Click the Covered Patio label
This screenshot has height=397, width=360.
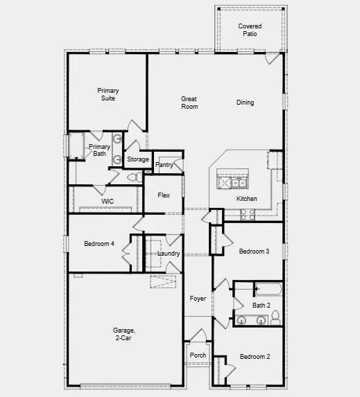(x=250, y=30)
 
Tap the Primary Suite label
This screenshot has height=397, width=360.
(x=108, y=94)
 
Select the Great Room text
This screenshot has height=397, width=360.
(x=189, y=103)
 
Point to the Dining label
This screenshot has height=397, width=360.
(x=245, y=103)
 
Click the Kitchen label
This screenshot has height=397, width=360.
(x=247, y=199)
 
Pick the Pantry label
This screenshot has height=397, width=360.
(x=164, y=165)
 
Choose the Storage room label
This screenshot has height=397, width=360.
(x=138, y=159)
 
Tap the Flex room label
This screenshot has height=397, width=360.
(x=164, y=195)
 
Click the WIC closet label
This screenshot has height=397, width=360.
(x=108, y=201)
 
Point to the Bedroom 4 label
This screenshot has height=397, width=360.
(x=98, y=243)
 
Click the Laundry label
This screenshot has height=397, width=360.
(x=169, y=254)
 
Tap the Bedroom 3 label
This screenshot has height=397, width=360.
(x=254, y=251)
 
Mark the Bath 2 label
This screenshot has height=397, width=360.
(x=262, y=305)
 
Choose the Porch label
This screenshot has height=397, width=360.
(x=198, y=355)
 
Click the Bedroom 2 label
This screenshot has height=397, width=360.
(x=255, y=357)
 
